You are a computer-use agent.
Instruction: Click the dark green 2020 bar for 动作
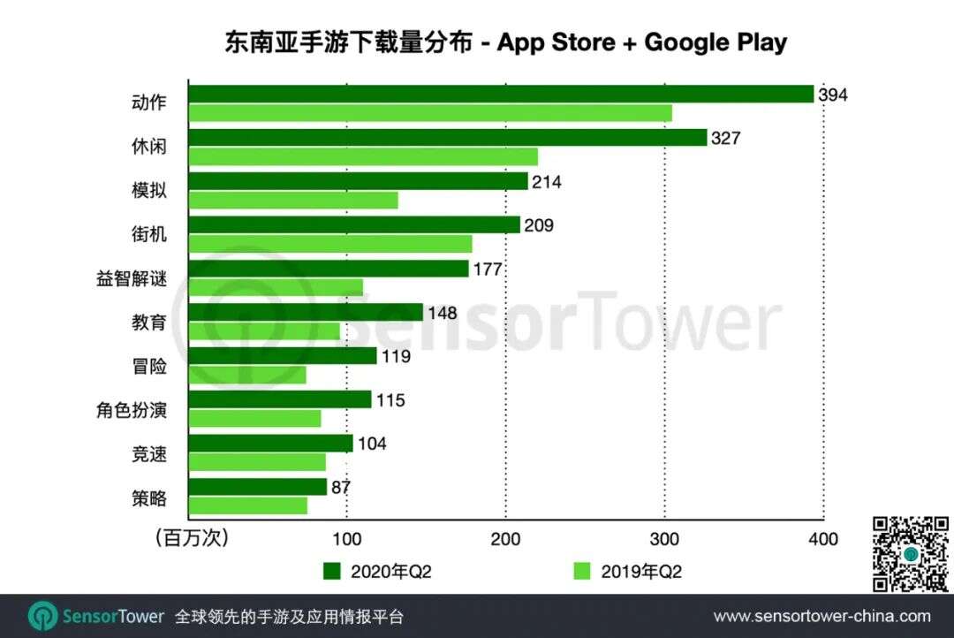point(501,94)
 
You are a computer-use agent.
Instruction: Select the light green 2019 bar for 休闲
point(363,157)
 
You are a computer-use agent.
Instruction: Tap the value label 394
point(832,95)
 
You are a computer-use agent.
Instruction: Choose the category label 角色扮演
point(131,410)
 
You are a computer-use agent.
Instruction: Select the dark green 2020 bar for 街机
point(354,225)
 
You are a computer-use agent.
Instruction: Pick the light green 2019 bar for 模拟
point(293,201)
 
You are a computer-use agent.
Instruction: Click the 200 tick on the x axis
point(505,539)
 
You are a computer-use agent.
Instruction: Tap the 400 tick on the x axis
point(823,539)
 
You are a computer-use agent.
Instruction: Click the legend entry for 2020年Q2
point(377,572)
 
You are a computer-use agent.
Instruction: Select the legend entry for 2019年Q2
point(628,572)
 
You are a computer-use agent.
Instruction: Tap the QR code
point(910,554)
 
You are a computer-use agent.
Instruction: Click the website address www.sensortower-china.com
point(821,616)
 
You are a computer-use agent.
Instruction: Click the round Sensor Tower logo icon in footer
point(42,616)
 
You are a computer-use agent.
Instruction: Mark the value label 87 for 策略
point(340,487)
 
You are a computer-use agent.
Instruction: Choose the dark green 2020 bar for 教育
point(306,313)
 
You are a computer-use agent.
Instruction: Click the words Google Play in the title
point(715,42)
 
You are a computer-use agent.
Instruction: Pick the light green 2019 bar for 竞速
point(257,462)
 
